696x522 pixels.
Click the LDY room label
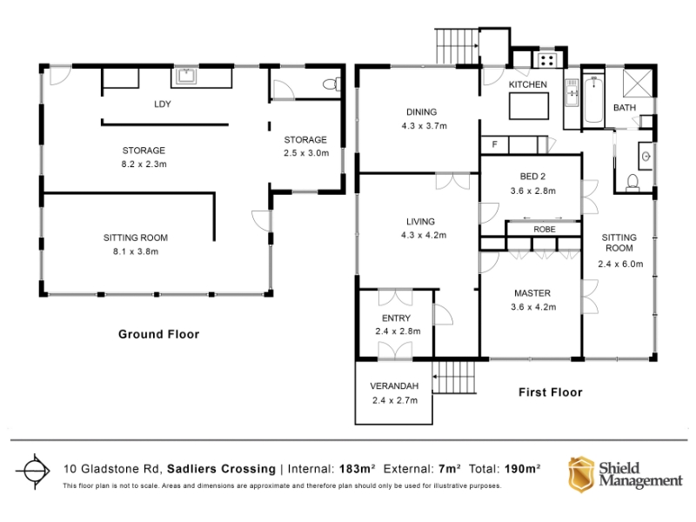point(162,104)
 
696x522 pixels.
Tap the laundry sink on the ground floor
point(186,76)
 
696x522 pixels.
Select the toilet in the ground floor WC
point(331,84)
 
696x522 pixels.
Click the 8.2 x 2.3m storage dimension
point(144,164)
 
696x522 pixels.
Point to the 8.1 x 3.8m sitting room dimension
point(136,251)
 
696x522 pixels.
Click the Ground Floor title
point(158,334)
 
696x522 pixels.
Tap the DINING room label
point(421,112)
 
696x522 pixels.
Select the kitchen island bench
point(529,105)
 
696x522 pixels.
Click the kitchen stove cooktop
point(547,60)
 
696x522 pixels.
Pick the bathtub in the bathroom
point(593,99)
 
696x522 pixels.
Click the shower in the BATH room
point(638,83)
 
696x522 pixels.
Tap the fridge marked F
point(494,144)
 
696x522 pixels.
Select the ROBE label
point(545,229)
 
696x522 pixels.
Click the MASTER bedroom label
point(532,293)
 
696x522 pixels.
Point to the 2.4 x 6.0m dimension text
point(620,264)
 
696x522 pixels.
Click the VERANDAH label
point(394,386)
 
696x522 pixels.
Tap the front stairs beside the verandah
point(453,378)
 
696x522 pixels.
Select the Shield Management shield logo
point(581,474)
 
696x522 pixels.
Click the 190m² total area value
point(522,468)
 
